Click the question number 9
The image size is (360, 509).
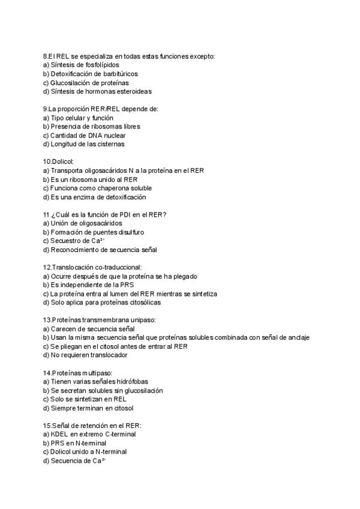coord(45,109)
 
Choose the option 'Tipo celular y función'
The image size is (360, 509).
coord(78,118)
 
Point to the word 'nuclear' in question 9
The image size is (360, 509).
coord(115,136)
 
